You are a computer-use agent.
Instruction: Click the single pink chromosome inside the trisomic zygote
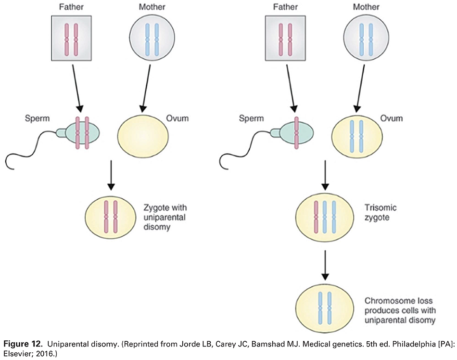317,217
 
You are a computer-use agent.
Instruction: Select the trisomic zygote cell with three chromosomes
326,217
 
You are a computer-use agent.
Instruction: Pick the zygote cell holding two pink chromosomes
110,217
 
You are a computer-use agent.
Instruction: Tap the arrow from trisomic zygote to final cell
326,265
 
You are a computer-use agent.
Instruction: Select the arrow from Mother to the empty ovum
145,85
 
